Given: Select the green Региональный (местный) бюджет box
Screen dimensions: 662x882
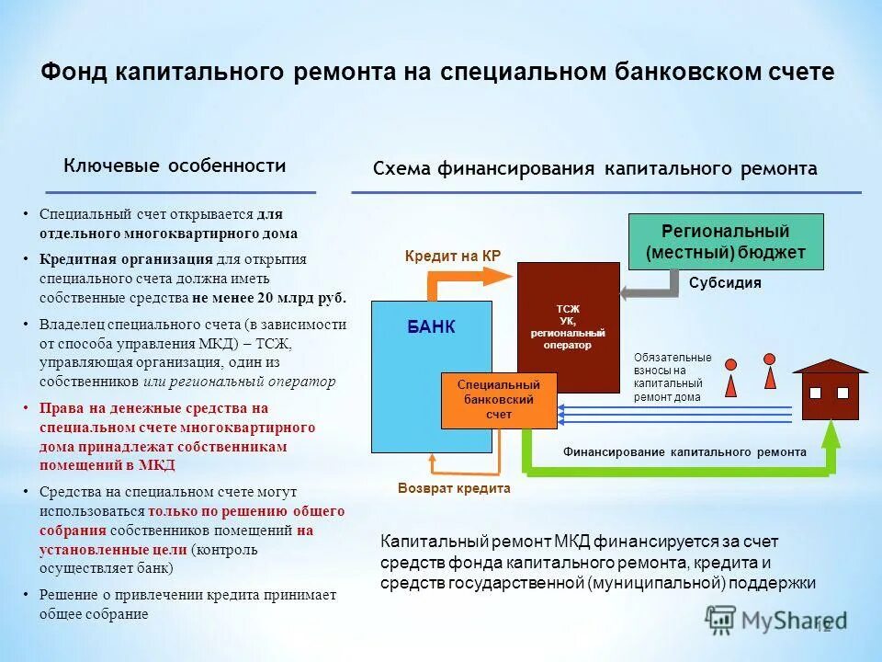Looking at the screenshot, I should pos(725,242).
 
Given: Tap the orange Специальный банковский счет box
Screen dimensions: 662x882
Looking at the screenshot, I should pos(499,400).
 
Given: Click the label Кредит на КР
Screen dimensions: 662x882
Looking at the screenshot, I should pos(452,256).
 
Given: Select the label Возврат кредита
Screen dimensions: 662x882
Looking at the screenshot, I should pos(454,489).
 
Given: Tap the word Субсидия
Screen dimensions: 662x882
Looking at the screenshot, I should pos(725,283).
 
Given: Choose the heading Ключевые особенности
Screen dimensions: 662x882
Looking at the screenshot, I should pos(175,165).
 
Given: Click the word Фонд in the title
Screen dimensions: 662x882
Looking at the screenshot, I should pos(74,73).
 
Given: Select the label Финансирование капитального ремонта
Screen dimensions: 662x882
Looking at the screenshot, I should pos(684,451).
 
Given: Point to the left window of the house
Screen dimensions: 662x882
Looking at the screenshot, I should pos(815,393).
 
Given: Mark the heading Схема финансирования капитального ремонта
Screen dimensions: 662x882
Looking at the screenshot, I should pos(594,169).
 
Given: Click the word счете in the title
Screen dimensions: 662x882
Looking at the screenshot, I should pos(798,73).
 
